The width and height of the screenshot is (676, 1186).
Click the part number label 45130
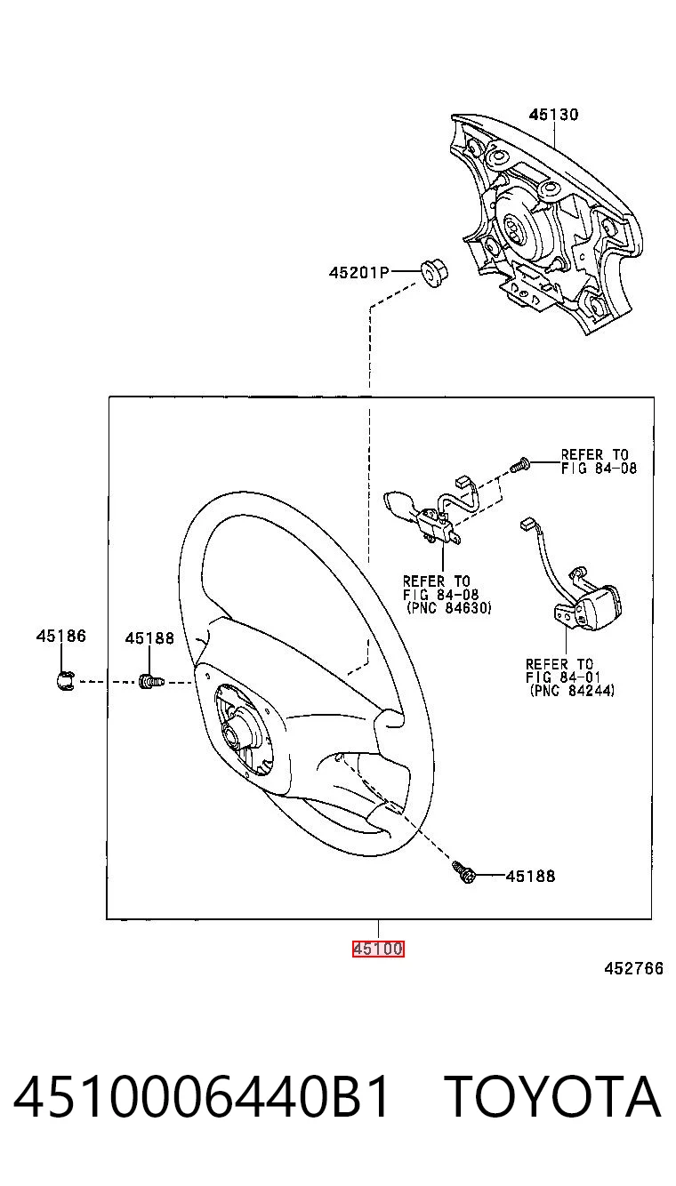(553, 115)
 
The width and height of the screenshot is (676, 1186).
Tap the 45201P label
(358, 272)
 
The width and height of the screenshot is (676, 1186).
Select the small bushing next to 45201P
(434, 273)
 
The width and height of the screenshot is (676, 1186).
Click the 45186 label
(60, 636)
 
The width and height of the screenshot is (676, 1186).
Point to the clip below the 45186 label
(65, 681)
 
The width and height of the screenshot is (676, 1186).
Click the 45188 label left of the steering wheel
(149, 638)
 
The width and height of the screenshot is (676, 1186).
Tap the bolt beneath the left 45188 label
(151, 681)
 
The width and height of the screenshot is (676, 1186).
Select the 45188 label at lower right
(530, 877)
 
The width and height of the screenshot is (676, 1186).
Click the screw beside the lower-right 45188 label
(463, 872)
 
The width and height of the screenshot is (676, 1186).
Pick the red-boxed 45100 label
(378, 949)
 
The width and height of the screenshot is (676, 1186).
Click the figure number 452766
(633, 968)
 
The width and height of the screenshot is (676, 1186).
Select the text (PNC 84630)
(448, 608)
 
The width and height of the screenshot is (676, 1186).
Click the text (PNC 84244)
(572, 691)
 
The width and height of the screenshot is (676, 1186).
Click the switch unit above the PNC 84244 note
(588, 605)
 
